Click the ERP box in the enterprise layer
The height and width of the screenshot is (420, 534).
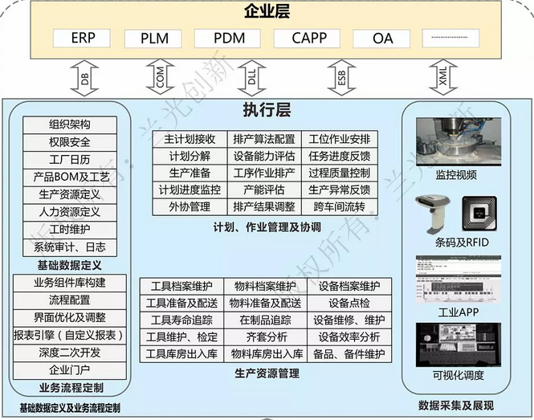[x=83, y=38]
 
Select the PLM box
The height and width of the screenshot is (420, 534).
[x=154, y=38]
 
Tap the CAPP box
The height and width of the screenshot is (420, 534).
[x=308, y=38]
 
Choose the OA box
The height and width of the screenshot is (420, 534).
[x=382, y=39]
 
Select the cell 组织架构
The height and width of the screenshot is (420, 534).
[x=69, y=124]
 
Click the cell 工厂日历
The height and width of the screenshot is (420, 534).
[x=69, y=159]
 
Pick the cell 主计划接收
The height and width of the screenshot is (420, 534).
[x=190, y=138]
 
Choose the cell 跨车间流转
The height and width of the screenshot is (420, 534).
[x=340, y=207]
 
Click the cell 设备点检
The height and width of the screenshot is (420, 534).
[x=349, y=303]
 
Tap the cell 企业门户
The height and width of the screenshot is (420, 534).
[x=70, y=370]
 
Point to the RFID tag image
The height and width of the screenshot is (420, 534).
[x=479, y=213]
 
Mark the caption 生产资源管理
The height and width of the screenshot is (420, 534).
[x=267, y=373]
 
